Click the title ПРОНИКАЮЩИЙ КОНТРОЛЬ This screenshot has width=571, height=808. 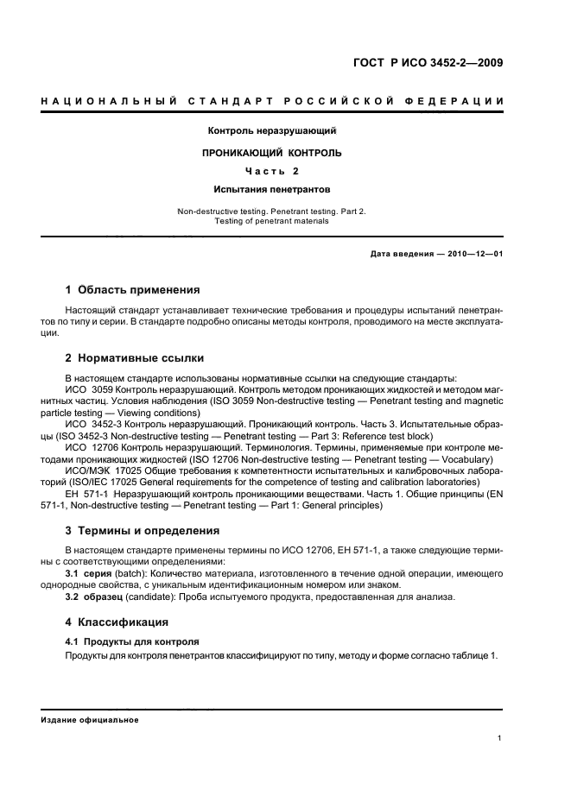(271, 152)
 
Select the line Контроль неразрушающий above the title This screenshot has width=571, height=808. (271, 131)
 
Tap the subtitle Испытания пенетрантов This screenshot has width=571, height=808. (271, 188)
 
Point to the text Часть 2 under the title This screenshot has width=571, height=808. (271, 170)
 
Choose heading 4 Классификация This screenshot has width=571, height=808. (118, 622)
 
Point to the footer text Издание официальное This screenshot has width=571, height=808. (90, 719)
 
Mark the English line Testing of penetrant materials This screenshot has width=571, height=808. (271, 220)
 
